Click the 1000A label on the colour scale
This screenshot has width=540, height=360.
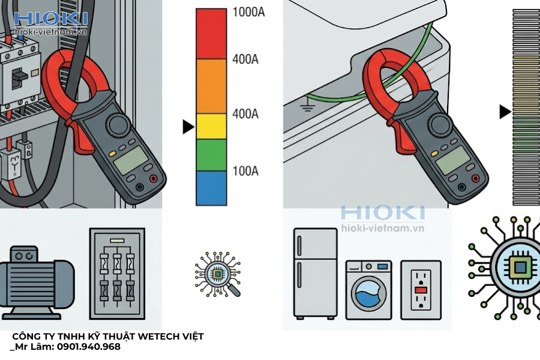248,12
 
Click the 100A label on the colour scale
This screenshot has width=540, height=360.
245,171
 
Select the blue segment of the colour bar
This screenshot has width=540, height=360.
211,188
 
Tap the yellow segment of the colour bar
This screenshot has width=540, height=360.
211,127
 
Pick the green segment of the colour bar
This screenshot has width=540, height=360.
211,155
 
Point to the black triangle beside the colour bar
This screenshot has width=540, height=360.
188,127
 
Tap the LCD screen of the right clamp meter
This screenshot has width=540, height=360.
453,160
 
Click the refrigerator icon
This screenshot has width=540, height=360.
315,273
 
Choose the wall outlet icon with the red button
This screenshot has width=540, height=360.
421,290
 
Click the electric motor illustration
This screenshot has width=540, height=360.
37,283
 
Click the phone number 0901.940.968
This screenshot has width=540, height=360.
89,347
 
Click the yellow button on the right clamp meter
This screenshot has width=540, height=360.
434,154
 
